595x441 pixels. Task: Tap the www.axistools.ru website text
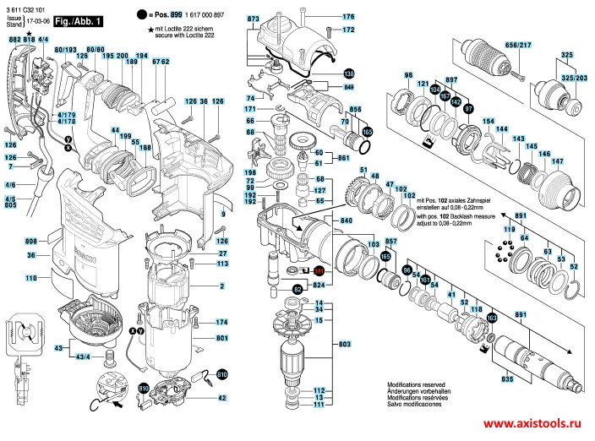[537, 425]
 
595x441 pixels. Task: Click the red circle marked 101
[319, 271]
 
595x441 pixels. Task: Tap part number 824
[319, 286]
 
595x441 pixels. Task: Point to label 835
[507, 380]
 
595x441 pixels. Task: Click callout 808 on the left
[31, 240]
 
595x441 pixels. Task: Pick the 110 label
[31, 277]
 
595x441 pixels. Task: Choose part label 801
[221, 338]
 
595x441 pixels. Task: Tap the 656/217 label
[517, 45]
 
